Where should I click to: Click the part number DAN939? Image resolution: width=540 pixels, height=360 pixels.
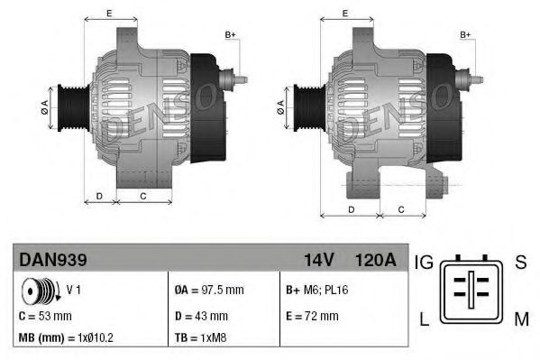point(52,260)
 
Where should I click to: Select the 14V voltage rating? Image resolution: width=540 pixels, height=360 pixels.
point(319,260)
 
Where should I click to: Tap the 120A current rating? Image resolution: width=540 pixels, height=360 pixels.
point(375,260)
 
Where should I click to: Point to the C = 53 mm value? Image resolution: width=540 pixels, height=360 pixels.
point(45,316)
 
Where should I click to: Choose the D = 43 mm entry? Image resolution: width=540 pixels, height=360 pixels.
point(201,316)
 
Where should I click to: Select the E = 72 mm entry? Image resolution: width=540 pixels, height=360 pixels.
point(311,316)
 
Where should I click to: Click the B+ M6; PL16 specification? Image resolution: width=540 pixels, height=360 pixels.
point(318,291)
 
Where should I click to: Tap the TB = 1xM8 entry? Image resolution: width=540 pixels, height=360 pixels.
point(200,338)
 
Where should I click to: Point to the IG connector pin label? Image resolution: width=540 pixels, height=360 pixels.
point(425,263)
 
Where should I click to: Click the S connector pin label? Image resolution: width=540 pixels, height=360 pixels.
point(520,263)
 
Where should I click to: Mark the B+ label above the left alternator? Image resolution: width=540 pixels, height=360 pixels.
point(230,34)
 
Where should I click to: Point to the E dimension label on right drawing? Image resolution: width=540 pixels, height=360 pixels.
point(347,14)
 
